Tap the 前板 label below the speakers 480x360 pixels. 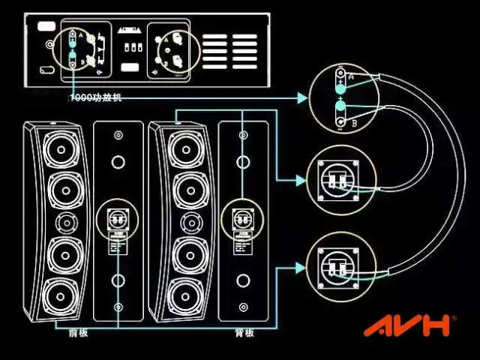tap(77, 332)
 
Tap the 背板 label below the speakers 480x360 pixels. tap(244, 333)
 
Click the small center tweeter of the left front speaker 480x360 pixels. tap(68, 222)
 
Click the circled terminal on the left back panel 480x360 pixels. tap(117, 219)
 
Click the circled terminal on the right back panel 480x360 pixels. tap(242, 219)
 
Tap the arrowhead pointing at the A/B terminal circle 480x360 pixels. tap(303, 97)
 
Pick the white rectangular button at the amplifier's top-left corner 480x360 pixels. tap(46, 26)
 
